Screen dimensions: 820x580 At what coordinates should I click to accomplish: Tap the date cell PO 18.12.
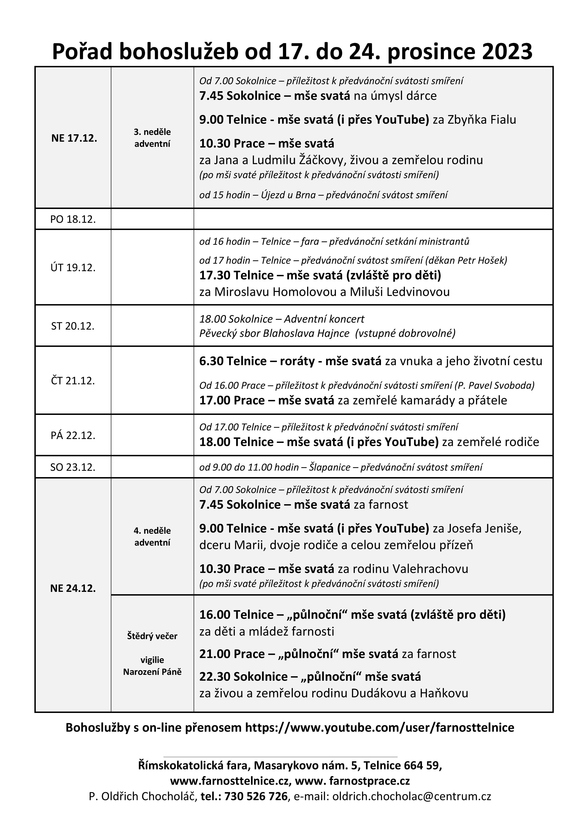(x=73, y=219)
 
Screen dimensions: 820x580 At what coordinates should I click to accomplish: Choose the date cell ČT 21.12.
(x=73, y=381)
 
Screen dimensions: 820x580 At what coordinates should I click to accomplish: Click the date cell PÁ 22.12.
(x=73, y=435)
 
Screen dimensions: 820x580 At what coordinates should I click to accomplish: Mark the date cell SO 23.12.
(x=73, y=467)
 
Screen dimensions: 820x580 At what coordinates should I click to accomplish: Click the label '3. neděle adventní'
(x=152, y=138)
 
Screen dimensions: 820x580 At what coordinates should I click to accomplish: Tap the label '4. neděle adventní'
(x=152, y=536)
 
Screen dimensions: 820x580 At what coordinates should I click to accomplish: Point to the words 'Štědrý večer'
(x=152, y=636)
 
